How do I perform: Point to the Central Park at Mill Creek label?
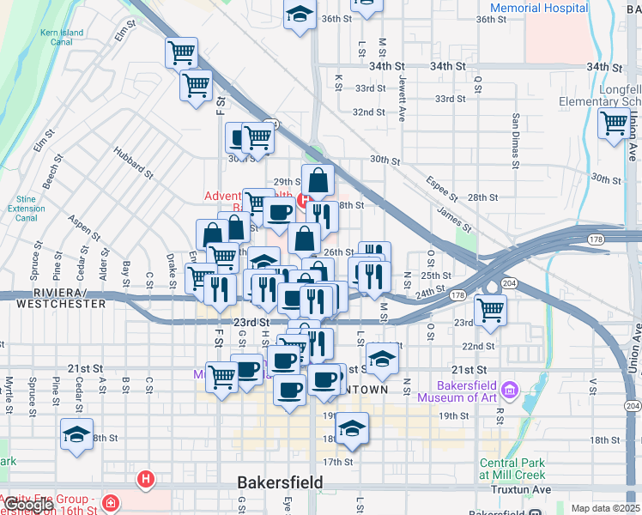click(512, 468)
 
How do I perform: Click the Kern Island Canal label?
click(61, 39)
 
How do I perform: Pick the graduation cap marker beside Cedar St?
click(77, 434)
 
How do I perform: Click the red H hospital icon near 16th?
click(147, 478)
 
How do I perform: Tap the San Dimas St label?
click(516, 140)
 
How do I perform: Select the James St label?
click(453, 219)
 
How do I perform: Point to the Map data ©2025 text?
click(605, 508)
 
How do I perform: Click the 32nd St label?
click(369, 112)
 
